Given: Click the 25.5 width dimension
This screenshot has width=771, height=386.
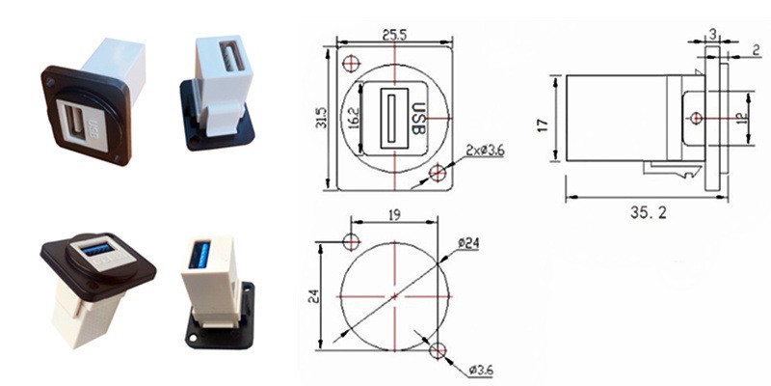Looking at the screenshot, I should (x=394, y=34).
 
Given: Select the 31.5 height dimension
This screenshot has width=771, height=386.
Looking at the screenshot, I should (x=323, y=118).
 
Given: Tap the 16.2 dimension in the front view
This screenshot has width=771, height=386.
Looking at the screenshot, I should (x=354, y=118).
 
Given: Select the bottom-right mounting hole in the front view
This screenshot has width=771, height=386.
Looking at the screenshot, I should (x=438, y=174).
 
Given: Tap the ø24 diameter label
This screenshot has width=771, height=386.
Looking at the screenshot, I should (x=469, y=243).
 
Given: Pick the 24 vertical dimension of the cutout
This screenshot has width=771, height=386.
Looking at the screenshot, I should (x=310, y=296).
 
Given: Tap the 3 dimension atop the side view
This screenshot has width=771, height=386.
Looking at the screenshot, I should (x=712, y=34).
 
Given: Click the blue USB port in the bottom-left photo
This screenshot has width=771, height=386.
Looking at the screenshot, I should (x=96, y=251).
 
